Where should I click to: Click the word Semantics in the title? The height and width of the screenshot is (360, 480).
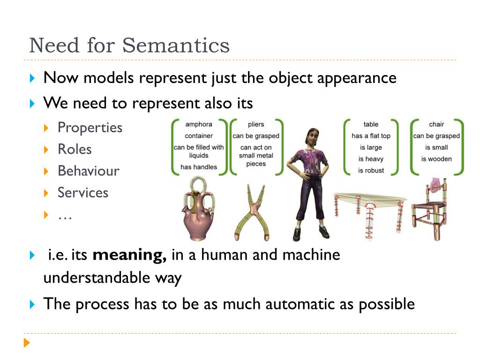coord(176,45)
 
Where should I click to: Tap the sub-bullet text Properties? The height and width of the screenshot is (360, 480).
coord(90,128)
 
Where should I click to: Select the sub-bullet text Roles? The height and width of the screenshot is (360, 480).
coord(75,150)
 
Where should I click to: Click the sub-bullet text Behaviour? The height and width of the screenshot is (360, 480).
coord(89,171)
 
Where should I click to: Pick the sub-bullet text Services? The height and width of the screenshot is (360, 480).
coord(83,193)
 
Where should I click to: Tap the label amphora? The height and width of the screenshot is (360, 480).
coord(199,124)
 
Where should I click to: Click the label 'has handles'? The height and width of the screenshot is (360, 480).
coord(199,167)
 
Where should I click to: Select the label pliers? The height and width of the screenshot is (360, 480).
coord(256,124)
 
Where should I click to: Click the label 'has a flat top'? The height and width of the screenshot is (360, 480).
coord(371,136)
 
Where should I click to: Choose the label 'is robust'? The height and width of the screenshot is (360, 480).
coord(371,171)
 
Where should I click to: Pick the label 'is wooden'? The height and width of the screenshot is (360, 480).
coord(436,159)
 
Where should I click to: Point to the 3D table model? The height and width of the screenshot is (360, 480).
coord(370,215)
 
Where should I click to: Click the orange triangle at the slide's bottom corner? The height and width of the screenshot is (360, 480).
coord(27,343)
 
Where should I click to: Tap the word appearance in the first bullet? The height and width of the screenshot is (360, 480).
coord(357,78)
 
